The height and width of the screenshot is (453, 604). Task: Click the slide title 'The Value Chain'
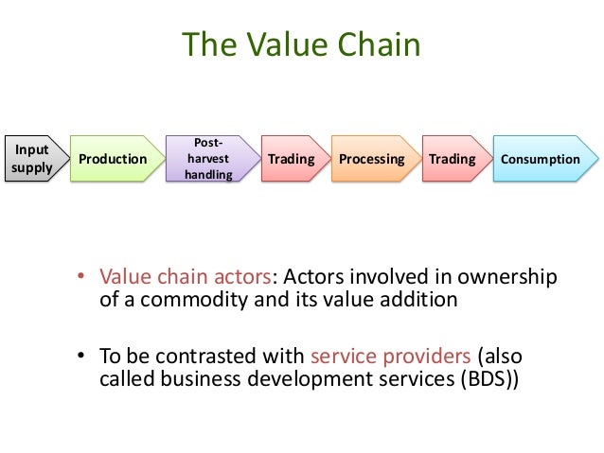(301, 44)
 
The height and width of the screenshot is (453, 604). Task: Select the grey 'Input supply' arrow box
(30, 158)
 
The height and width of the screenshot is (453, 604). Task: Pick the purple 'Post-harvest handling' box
(208, 158)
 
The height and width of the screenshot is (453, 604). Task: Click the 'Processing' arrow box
(371, 158)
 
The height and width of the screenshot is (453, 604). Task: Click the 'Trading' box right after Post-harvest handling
(291, 158)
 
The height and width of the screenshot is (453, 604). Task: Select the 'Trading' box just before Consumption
(452, 158)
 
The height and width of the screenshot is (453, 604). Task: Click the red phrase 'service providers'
(390, 357)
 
